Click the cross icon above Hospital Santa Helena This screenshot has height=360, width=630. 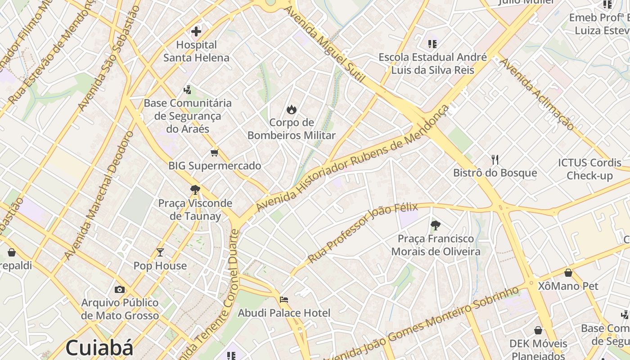pos(196,31)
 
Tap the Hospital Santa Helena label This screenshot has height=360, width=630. pos(196,51)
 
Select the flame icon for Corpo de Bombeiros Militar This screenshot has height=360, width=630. pos(292,109)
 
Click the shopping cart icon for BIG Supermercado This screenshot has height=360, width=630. pos(215,153)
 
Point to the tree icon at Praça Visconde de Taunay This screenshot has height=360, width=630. pos(195,190)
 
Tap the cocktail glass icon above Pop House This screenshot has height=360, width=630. pos(160,252)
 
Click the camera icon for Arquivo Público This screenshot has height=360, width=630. pos(120,289)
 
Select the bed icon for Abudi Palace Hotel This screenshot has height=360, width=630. pos(284,299)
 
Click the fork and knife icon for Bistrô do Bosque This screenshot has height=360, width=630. pos(495,160)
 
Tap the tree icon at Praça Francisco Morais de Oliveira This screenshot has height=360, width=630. pos(435,225)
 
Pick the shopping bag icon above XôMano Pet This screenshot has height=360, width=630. pos(568,273)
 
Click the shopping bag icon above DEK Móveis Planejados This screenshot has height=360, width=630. pos(538,331)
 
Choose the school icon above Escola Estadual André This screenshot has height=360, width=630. pos(432,44)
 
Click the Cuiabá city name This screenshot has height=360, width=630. pos(99,348)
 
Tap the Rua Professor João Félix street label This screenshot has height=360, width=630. pos(363,233)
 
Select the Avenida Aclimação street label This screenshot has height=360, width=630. pos(537,94)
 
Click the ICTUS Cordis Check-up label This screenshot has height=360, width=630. pos(589,169)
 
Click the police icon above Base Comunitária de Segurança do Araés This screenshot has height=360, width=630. pos(187,90)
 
